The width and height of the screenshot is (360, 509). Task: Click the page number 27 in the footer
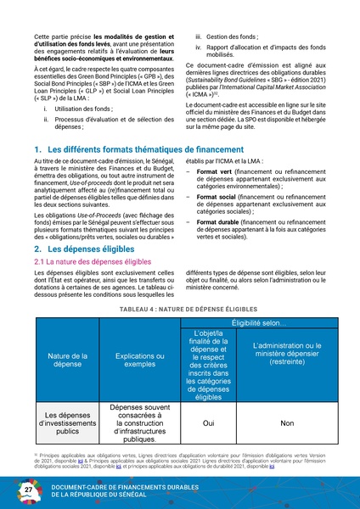tap(28, 492)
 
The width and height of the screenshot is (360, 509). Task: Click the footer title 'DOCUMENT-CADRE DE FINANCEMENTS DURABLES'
tap(127, 488)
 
